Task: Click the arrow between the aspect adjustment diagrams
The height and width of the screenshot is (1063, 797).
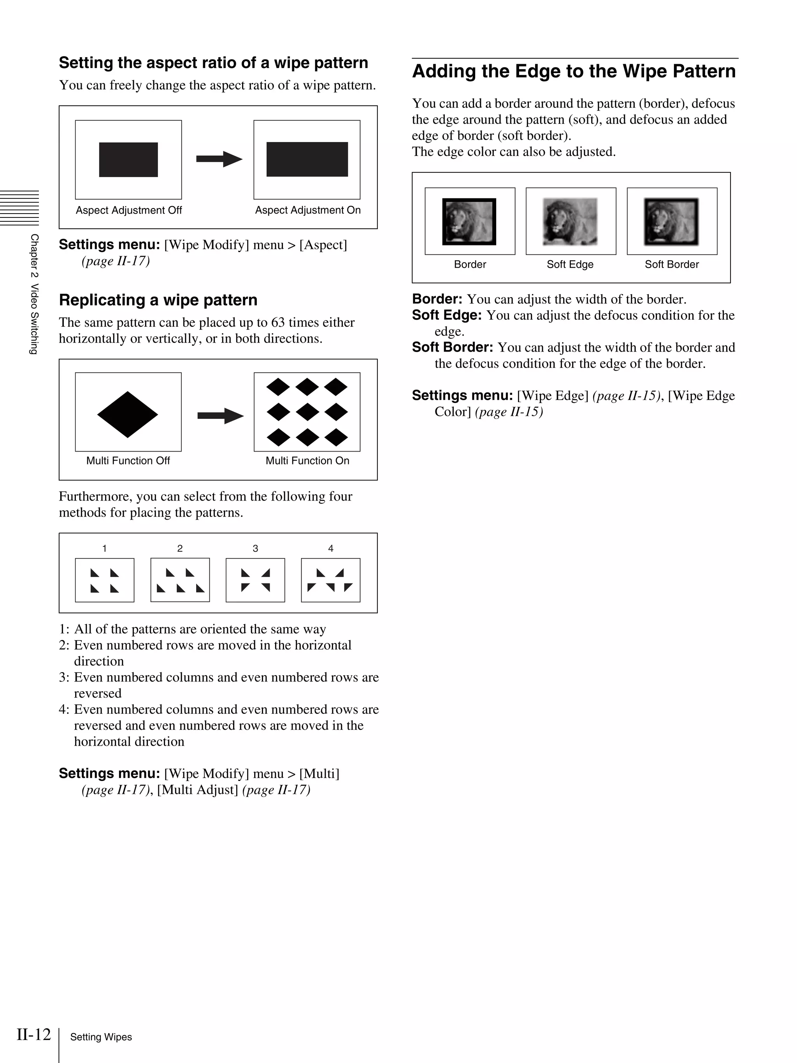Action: pos(219,159)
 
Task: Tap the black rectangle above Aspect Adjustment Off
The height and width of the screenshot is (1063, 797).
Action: pos(128,159)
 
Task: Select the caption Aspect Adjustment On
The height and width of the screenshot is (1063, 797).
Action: pos(308,210)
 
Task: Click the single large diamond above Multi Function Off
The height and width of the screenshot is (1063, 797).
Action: pos(127,414)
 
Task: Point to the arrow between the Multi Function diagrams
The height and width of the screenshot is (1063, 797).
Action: pos(220,416)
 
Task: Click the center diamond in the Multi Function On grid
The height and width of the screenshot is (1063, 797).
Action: pos(307,412)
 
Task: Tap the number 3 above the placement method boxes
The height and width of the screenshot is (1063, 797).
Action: pos(255,548)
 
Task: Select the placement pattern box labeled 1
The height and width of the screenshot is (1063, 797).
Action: pos(105,580)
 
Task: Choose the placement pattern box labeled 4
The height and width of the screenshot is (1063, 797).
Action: pos(331,580)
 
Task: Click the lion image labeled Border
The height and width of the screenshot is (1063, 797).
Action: pos(469,222)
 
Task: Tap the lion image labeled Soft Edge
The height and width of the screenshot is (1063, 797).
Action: pos(570,222)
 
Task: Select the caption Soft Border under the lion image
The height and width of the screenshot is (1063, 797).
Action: pos(672,264)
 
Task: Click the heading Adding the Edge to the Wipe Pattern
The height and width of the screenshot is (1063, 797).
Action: pos(574,71)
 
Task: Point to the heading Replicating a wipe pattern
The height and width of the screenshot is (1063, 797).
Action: pos(158,300)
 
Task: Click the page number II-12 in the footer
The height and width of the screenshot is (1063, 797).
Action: pos(33,1034)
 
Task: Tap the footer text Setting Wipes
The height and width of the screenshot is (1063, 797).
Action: pos(101,1037)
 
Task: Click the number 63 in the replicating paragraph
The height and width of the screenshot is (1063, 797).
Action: pos(278,322)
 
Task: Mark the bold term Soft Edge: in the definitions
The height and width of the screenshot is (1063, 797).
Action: pos(447,315)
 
